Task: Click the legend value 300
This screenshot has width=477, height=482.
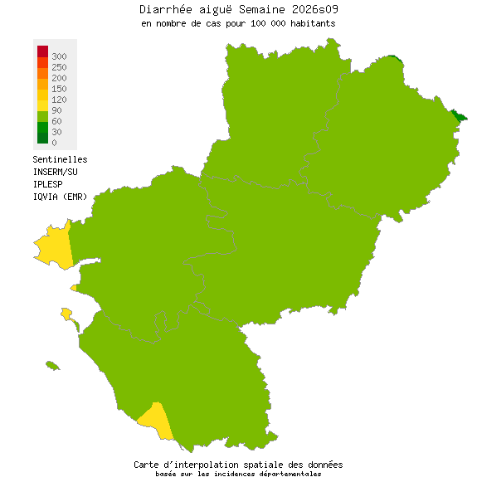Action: [x=59, y=56]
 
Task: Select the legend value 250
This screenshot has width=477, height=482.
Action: [x=59, y=66]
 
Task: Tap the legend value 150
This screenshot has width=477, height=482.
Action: [x=59, y=88]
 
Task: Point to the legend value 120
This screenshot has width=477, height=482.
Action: [x=59, y=100]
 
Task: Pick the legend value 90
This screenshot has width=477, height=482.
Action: [x=56, y=110]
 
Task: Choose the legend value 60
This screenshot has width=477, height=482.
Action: [x=56, y=121]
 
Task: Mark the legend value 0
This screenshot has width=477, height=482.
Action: [x=54, y=143]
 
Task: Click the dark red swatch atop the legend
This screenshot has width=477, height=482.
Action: [x=42, y=51]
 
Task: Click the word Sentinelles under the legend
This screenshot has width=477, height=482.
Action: [x=60, y=159]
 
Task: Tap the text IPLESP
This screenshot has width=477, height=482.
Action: [x=48, y=183]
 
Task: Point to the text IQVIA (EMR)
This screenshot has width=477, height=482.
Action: [x=60, y=196]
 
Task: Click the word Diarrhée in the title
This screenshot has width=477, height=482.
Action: [x=163, y=9]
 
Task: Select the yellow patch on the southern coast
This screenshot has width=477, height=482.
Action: [x=155, y=419]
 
